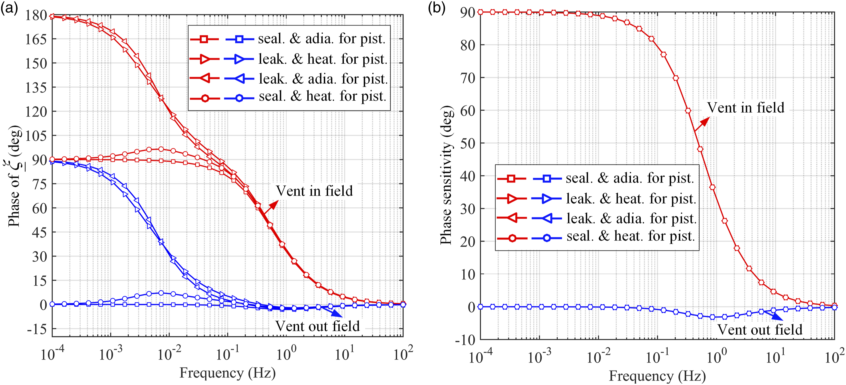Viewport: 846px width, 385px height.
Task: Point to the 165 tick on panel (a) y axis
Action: click(36, 39)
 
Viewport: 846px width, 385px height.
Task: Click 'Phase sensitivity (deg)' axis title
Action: click(446, 175)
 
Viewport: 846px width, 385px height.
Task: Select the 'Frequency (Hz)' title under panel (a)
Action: click(228, 373)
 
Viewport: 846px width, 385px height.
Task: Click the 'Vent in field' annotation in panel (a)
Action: click(314, 191)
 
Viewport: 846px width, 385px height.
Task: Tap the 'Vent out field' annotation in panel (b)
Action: click(760, 329)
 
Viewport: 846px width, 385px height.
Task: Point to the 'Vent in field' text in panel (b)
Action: click(745, 107)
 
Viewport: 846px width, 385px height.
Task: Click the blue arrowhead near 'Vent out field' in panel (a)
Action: click(337, 314)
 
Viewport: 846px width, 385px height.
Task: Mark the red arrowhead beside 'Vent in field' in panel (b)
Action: click(704, 122)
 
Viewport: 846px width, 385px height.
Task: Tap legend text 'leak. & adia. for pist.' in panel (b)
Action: click(632, 218)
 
